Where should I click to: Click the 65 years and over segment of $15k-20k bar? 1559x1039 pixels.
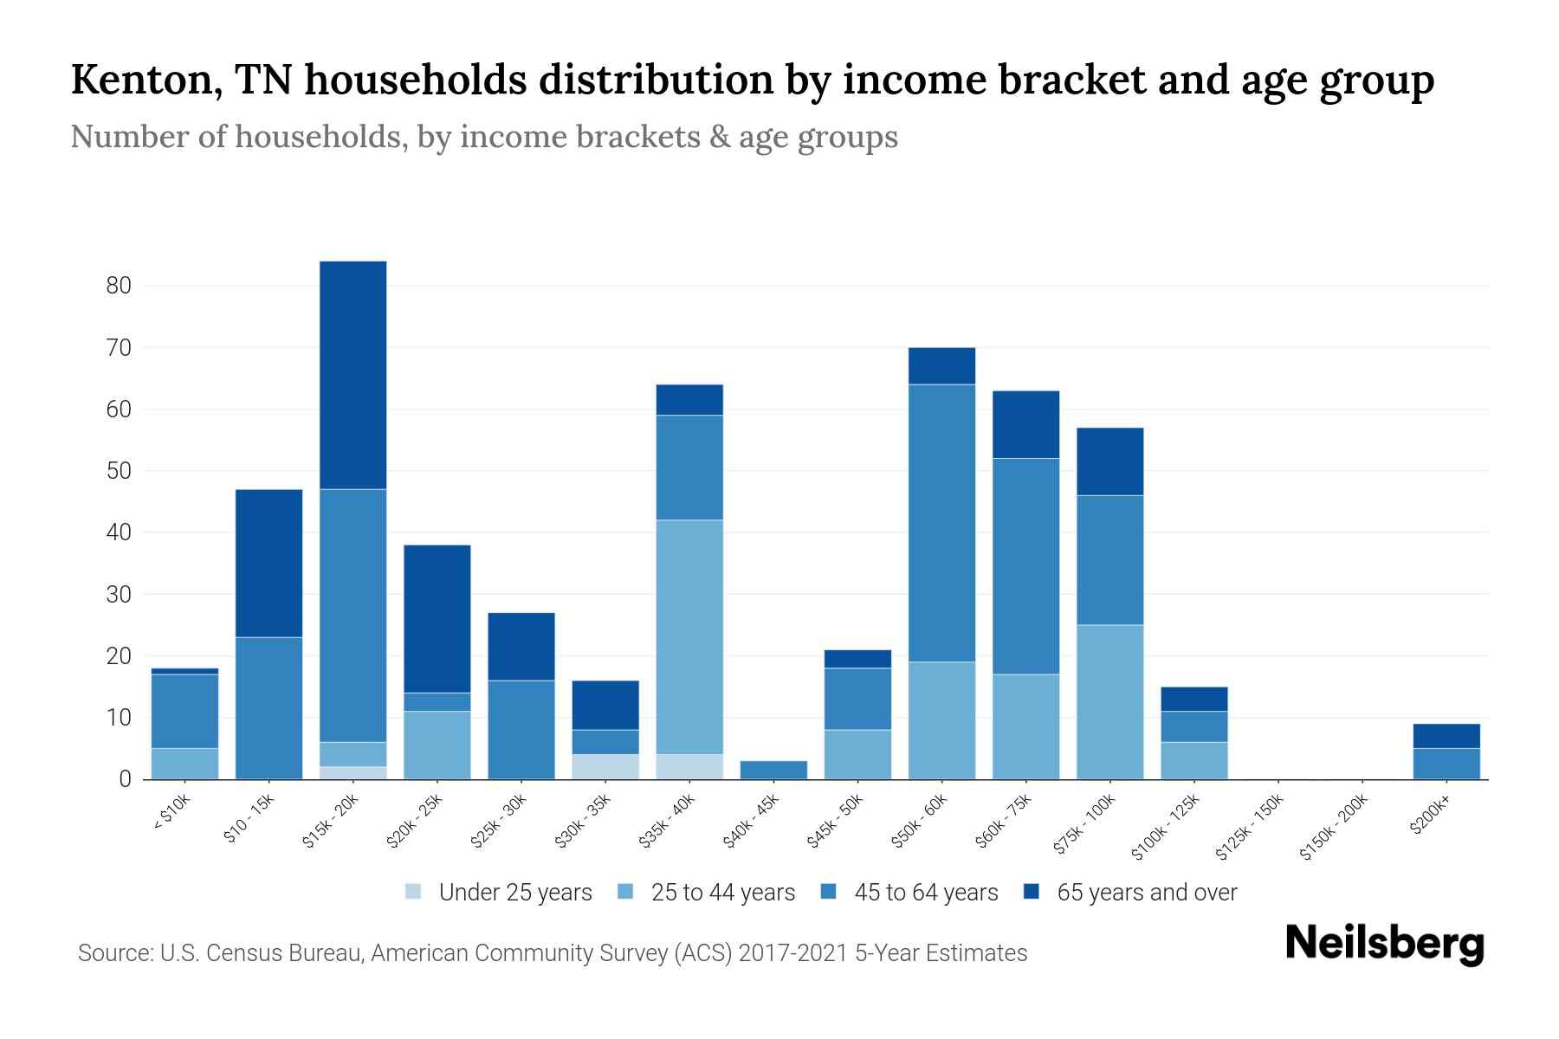click(353, 375)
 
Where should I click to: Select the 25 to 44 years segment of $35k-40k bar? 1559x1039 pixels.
click(689, 636)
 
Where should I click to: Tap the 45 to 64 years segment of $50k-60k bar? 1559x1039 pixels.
click(941, 523)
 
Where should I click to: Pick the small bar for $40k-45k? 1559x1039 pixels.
click(773, 770)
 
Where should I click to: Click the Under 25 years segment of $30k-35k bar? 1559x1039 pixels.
click(605, 766)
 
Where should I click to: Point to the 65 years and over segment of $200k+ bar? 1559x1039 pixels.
click(1446, 736)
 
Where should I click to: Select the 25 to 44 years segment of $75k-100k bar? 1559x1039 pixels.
click(1109, 701)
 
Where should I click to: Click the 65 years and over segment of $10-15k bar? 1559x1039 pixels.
click(269, 563)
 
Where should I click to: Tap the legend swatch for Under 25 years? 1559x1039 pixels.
click(414, 892)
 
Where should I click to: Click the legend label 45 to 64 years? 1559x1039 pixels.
click(925, 892)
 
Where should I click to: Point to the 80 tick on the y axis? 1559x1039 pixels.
click(119, 286)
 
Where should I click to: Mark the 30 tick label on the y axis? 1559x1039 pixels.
click(119, 595)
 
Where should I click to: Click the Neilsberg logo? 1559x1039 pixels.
click(1384, 944)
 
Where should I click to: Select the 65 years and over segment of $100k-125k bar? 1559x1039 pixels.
click(1194, 699)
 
